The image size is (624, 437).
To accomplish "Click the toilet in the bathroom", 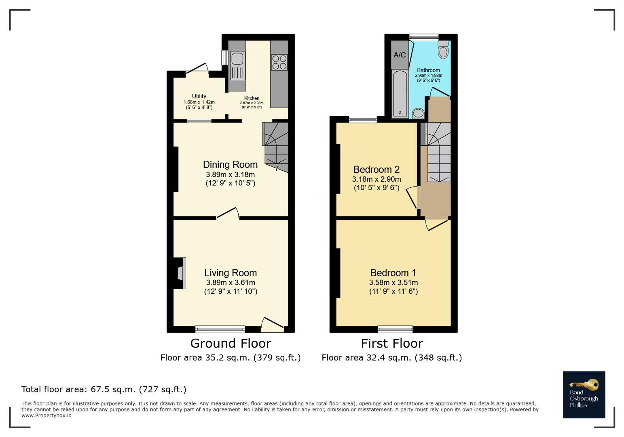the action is tap(443, 50).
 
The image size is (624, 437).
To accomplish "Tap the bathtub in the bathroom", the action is tap(400, 93).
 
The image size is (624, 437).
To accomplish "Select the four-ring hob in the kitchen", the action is tap(279, 62).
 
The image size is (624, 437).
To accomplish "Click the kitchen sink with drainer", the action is tap(237, 66).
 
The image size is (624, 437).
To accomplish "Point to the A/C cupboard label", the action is tap(400, 55).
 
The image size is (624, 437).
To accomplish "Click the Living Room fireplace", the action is tap(180, 274).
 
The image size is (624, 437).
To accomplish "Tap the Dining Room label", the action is tap(230, 165).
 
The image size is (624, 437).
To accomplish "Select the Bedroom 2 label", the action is tap(377, 170).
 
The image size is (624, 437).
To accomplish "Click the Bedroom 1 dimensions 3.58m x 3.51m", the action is tap(393, 282).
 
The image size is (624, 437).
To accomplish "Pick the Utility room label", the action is tap(199, 96).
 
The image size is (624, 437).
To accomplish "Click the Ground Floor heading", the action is tap(231, 344).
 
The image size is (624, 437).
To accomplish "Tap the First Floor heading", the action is tap(392, 344).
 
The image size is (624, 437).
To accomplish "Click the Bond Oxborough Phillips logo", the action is tap(584, 395).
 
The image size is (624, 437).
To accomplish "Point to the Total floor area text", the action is tap(104, 389).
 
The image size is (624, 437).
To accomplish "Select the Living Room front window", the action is tap(220, 329).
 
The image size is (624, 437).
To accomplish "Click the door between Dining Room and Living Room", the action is tap(228, 213).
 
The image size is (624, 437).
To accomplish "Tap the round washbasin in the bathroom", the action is tap(418, 113).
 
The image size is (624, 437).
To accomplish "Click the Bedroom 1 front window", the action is tap(395, 329).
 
